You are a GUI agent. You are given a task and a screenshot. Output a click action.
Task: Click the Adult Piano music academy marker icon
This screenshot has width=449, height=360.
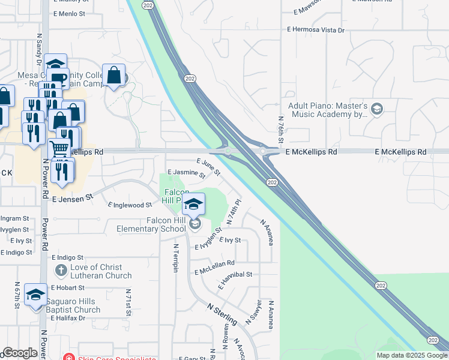[x=377, y=109]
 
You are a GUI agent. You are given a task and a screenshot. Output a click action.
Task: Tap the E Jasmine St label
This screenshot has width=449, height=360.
[x=187, y=173]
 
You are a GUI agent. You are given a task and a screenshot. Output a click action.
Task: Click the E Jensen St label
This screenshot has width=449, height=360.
[x=73, y=197]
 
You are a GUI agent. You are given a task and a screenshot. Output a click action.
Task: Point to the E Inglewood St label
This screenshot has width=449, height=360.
[x=130, y=205]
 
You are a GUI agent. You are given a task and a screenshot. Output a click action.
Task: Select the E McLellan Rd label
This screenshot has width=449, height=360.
[x=214, y=263]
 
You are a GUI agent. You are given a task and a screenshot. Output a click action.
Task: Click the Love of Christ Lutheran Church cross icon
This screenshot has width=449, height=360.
[x=60, y=271]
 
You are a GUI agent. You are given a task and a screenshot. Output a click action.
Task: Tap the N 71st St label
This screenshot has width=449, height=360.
[x=128, y=302]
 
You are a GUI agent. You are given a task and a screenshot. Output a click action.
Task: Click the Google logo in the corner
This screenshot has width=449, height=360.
[x=20, y=353]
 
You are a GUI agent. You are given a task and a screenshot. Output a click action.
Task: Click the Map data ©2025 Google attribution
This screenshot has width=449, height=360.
[x=411, y=355]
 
